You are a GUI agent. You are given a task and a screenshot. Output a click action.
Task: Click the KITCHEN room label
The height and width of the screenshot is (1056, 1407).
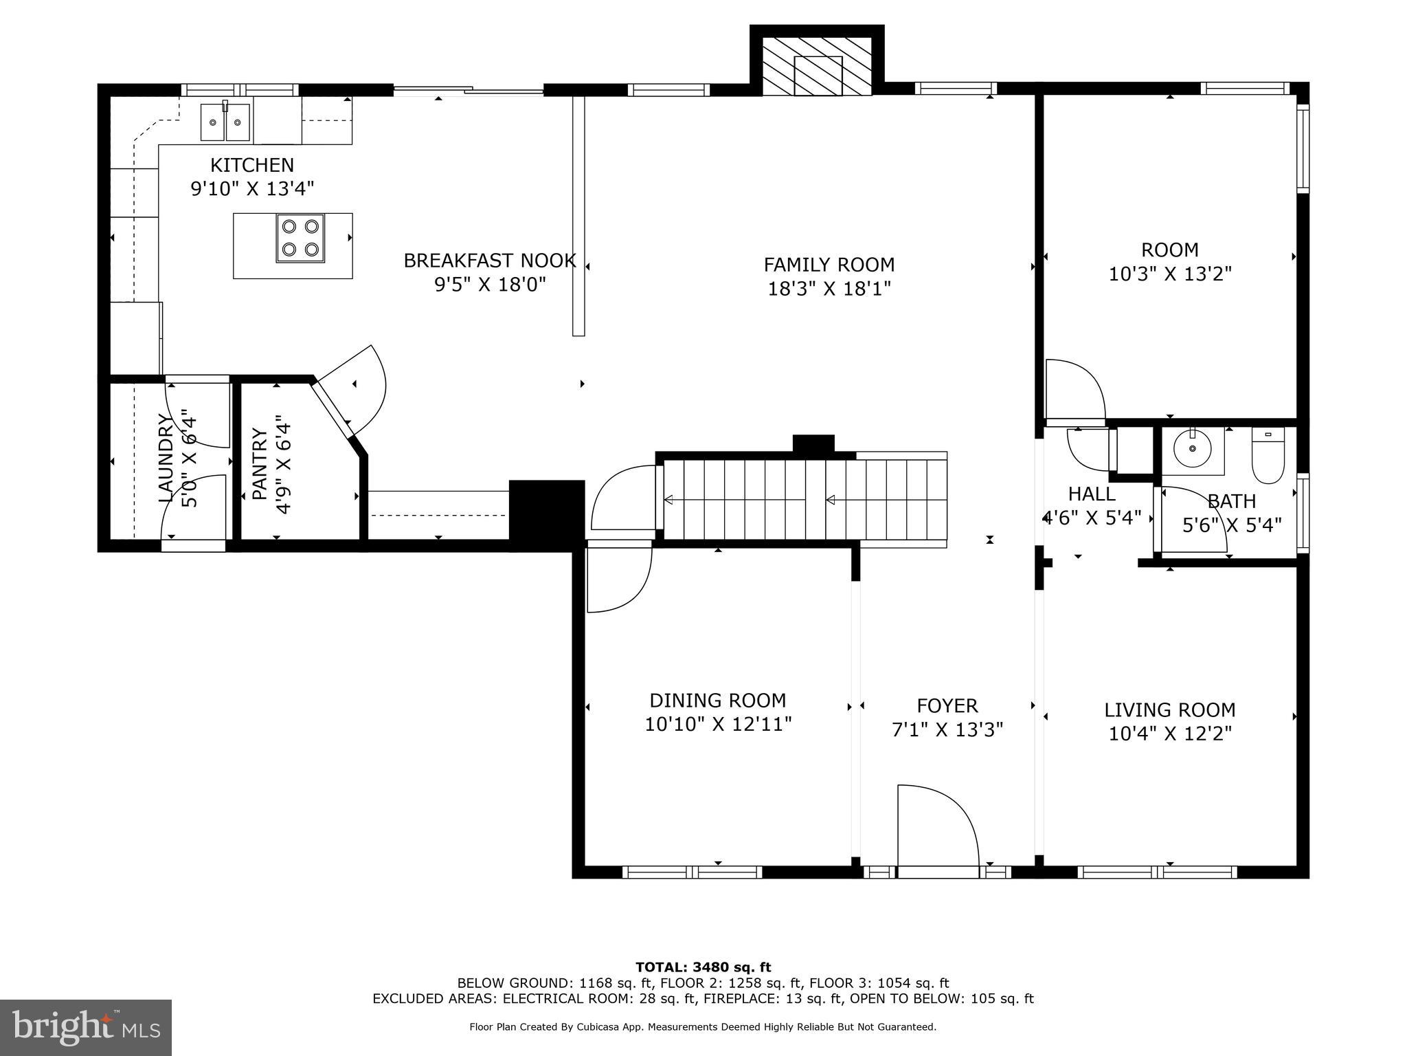tap(251, 165)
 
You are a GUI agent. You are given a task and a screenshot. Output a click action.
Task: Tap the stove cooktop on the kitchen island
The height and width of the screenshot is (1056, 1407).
tap(300, 238)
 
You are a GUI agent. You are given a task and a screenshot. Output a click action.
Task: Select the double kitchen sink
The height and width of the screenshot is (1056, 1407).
tap(226, 122)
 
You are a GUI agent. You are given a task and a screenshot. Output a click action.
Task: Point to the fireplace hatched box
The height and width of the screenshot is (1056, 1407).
tap(816, 67)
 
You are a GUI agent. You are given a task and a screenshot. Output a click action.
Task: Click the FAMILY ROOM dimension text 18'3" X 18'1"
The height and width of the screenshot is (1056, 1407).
tap(829, 289)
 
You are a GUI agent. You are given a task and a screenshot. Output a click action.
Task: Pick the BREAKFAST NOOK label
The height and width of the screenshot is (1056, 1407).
tap(489, 261)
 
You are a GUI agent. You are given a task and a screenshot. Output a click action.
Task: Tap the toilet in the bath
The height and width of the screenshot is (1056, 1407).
tap(1268, 455)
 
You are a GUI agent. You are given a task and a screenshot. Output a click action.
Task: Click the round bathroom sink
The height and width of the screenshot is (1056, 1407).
tap(1193, 450)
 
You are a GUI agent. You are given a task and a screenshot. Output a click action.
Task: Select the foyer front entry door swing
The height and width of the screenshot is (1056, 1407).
tap(937, 830)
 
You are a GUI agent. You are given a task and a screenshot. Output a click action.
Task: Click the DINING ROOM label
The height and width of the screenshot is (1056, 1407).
tap(717, 701)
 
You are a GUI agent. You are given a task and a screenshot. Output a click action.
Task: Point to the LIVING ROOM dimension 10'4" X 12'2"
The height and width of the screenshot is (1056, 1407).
tap(1169, 734)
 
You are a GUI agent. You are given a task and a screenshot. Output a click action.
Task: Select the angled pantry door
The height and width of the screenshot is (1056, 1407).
tap(350, 392)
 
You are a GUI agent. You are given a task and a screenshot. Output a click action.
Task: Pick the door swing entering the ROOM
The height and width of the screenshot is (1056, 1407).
tap(1073, 390)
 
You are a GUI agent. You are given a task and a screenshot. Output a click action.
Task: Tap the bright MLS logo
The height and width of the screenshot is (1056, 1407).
tap(86, 1027)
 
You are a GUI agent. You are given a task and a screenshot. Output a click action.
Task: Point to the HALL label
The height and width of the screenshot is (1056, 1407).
tap(1091, 494)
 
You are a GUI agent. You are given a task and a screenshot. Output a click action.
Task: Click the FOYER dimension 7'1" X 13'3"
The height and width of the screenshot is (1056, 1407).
tap(947, 729)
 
